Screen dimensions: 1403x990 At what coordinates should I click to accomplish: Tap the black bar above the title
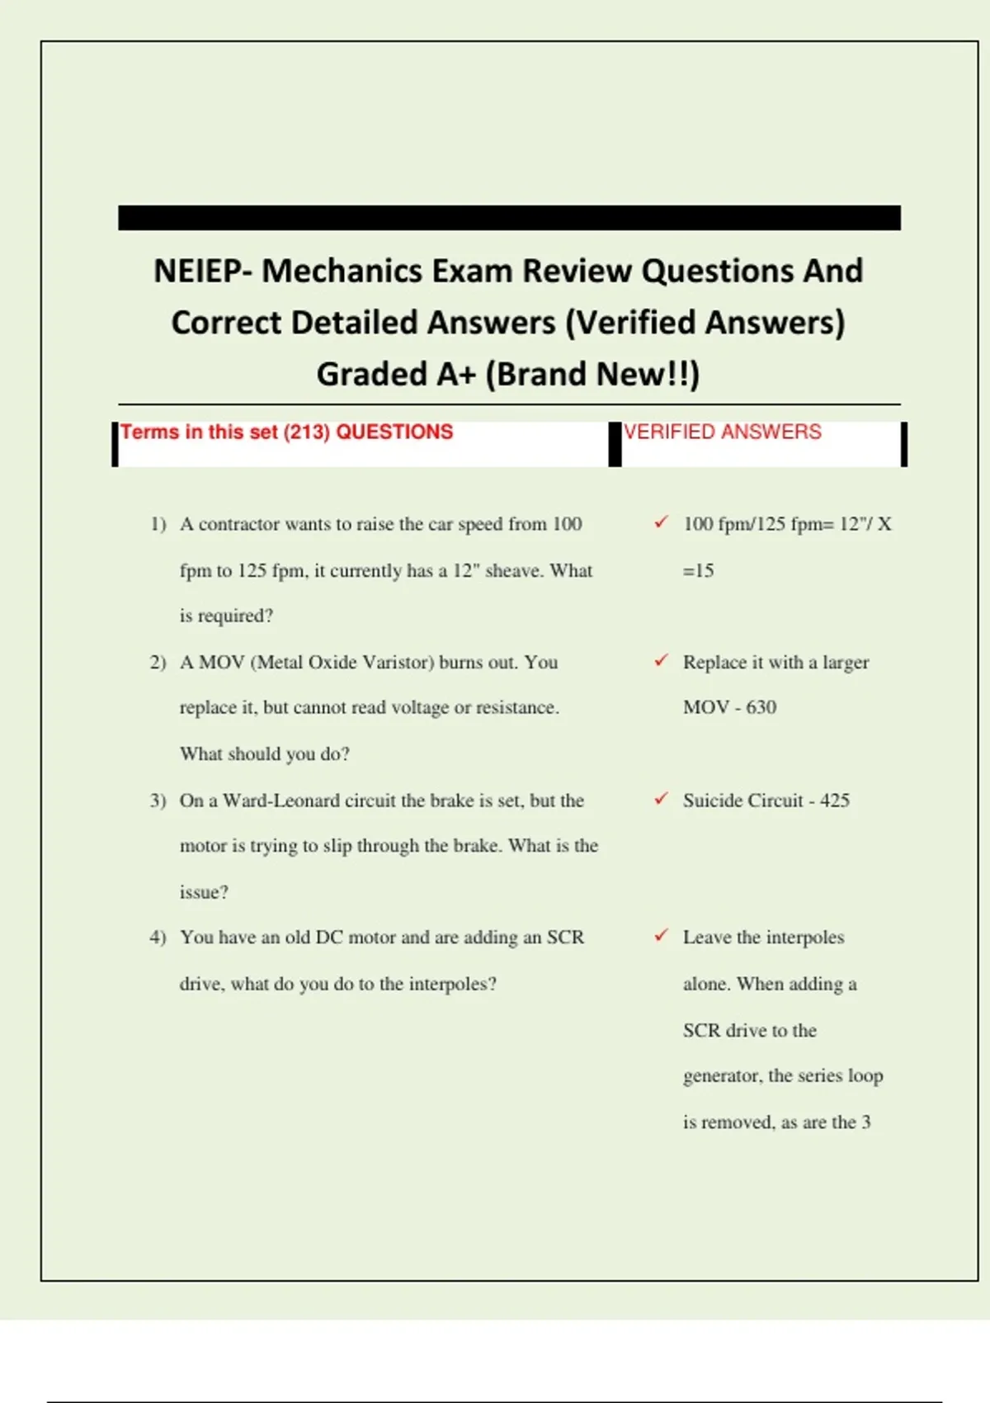509,218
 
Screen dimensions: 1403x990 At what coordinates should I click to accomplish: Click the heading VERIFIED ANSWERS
722,432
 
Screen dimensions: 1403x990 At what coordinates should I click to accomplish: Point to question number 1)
158,524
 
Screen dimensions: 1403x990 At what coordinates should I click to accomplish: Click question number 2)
158,663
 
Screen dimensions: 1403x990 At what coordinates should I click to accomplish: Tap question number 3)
158,801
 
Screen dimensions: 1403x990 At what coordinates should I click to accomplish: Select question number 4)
158,938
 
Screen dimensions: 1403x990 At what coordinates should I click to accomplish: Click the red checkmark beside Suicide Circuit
661,799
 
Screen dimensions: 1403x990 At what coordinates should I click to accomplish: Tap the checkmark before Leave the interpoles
661,936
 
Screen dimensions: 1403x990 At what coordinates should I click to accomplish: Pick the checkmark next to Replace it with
661,661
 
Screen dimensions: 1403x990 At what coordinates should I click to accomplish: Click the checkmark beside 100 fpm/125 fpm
661,522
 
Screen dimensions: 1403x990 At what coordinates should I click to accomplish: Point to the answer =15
698,570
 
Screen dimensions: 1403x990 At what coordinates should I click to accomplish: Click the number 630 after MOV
761,707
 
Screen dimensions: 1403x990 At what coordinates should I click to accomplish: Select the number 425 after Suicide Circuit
835,801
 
